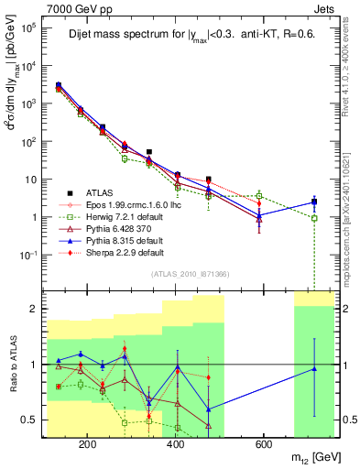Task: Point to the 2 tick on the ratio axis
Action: click(x=34, y=309)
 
